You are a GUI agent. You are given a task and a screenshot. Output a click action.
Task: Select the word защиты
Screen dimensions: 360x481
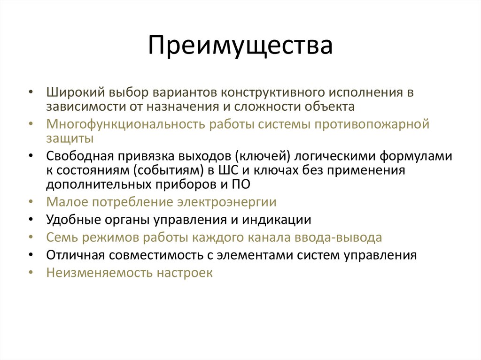coord(70,138)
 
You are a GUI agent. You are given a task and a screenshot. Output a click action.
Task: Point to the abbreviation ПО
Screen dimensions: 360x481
coord(240,184)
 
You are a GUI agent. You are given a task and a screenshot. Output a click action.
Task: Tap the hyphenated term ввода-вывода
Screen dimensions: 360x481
coord(338,237)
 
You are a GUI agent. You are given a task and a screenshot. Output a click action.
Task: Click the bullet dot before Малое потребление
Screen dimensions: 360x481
coord(31,202)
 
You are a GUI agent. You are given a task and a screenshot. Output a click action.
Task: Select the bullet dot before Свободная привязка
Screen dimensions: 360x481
coord(31,156)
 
